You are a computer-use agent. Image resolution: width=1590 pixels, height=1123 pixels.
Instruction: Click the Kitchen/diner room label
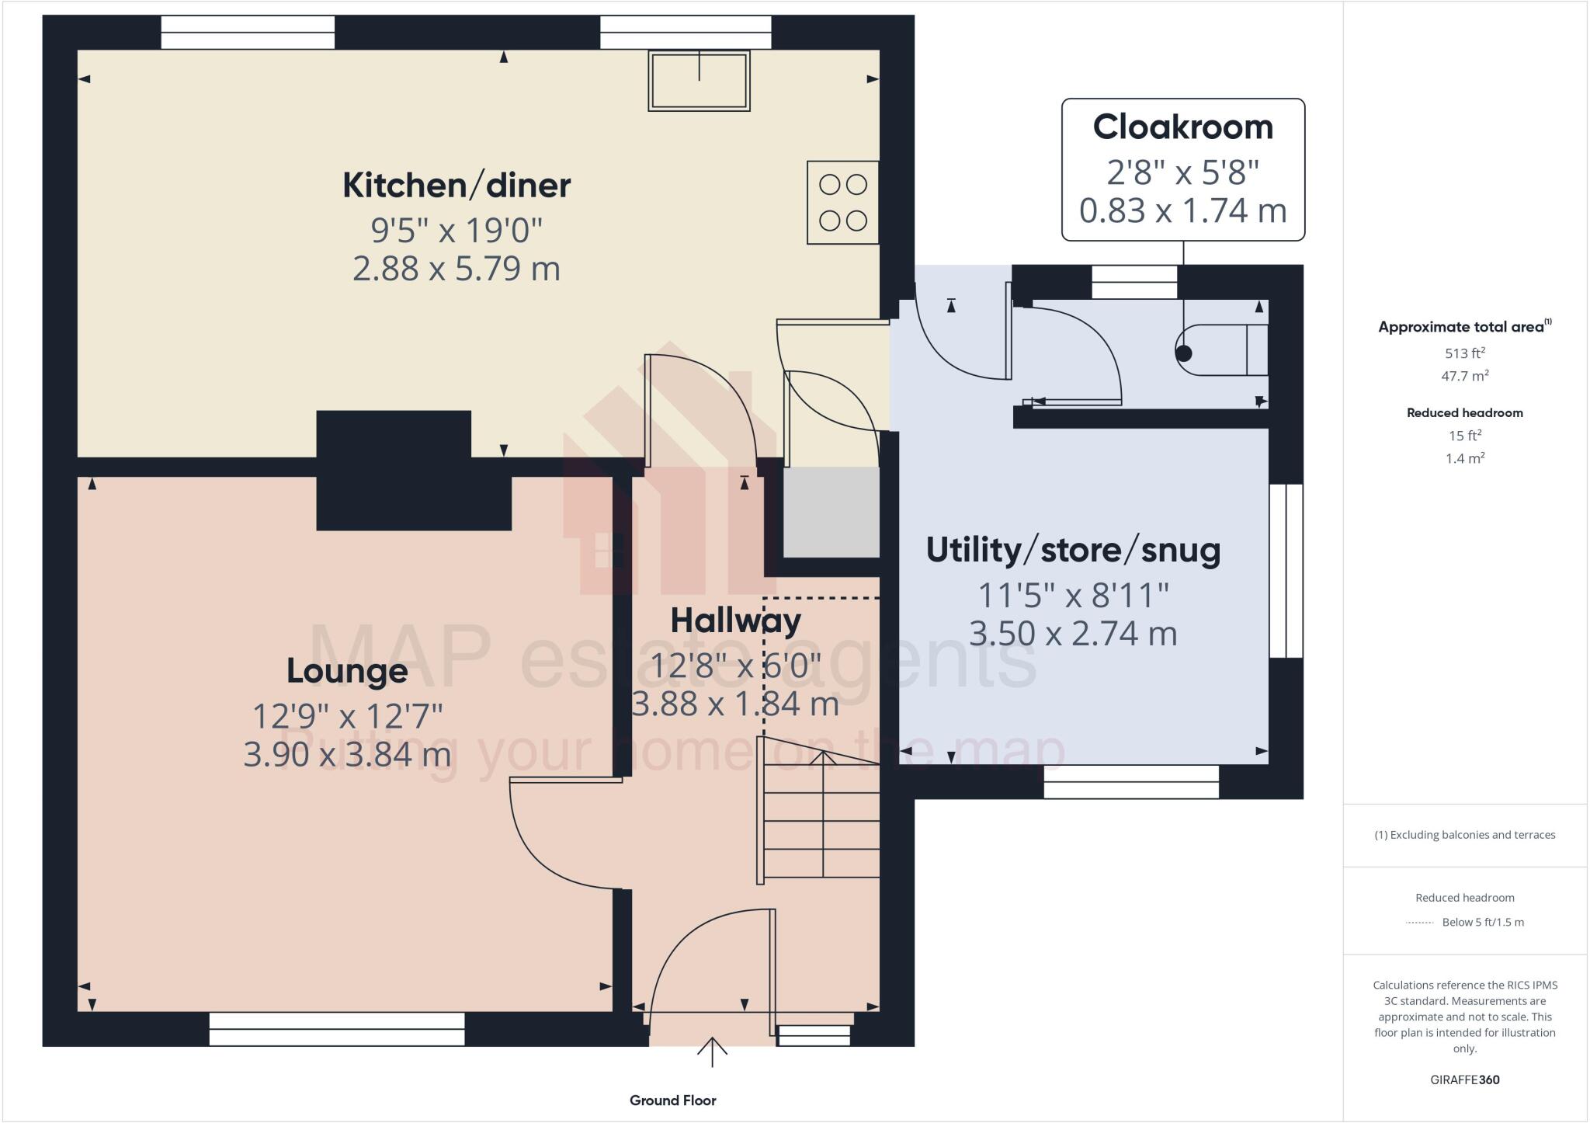[457, 186]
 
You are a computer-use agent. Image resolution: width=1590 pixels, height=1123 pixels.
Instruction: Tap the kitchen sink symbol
[699, 81]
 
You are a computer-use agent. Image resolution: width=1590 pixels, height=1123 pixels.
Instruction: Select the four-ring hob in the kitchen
[842, 203]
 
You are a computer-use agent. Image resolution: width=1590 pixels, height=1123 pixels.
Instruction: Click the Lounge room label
[347, 671]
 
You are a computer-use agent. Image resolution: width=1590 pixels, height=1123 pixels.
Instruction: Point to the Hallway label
[735, 621]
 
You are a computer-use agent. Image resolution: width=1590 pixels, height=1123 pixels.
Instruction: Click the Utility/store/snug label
[1073, 550]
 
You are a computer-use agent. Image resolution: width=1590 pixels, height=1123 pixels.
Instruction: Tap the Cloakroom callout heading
[1182, 127]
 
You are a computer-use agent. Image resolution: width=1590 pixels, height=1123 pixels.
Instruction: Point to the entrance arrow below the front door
[711, 1052]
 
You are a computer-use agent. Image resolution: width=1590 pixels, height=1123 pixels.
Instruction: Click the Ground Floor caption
[672, 1100]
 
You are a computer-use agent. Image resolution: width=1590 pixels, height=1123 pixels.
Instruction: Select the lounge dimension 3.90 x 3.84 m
[347, 754]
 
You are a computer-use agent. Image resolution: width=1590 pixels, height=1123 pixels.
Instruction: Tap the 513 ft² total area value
[1464, 353]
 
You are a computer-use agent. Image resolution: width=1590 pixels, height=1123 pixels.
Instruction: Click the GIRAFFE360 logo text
[1464, 1080]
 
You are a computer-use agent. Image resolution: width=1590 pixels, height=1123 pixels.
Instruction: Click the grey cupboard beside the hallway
[831, 512]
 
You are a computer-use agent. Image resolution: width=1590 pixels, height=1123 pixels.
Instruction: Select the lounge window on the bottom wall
[337, 1029]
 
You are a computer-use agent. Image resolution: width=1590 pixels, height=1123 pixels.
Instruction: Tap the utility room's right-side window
[1286, 571]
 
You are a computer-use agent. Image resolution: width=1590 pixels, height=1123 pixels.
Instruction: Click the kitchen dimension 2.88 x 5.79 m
[457, 269]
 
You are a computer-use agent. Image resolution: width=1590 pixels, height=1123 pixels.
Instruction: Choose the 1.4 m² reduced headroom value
[1464, 458]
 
